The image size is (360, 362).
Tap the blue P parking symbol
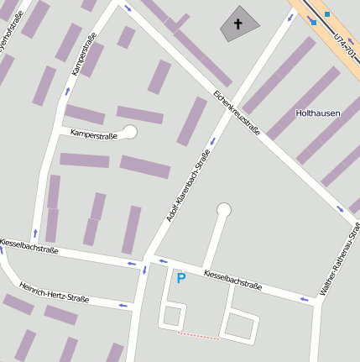(x=180, y=277)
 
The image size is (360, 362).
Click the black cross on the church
(x=237, y=24)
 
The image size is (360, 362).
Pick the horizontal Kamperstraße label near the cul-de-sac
(x=91, y=133)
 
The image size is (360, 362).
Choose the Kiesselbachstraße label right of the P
(x=232, y=280)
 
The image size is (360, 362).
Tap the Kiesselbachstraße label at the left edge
(x=29, y=245)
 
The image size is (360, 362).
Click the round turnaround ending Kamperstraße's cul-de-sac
(x=130, y=131)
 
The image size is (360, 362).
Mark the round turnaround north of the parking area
(x=223, y=210)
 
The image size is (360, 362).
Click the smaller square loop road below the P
(x=172, y=317)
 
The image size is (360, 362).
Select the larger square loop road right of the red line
(x=242, y=324)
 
